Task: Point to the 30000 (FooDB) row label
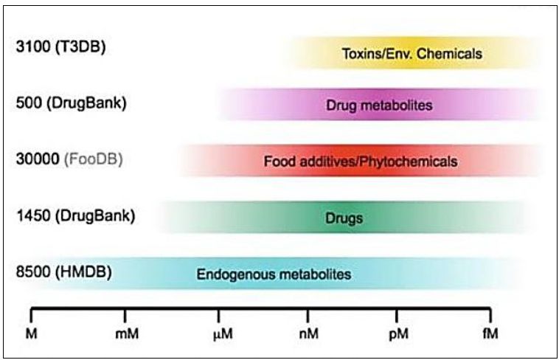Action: point(69,159)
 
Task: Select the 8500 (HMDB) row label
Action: point(63,271)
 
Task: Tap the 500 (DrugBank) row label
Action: point(71,103)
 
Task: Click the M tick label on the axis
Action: point(31,334)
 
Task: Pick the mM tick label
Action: point(126,334)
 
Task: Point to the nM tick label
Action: point(308,334)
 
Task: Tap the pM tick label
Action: point(398,334)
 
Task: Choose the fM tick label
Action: point(490,334)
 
